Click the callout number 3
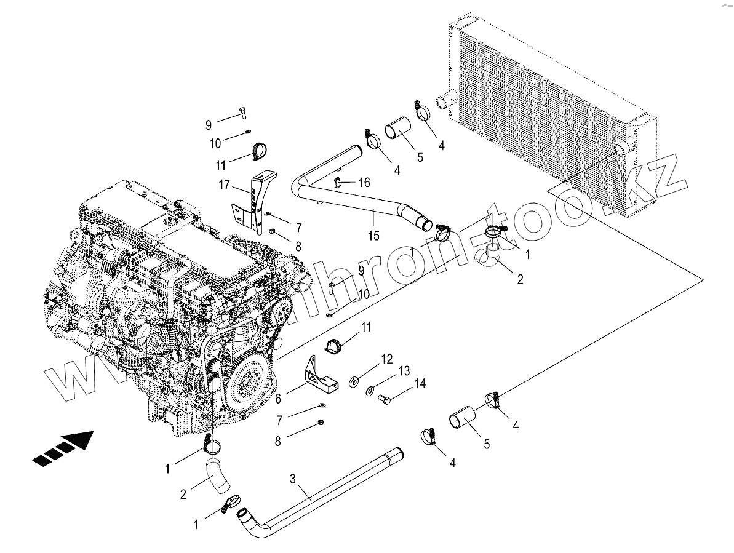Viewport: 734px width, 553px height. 293,479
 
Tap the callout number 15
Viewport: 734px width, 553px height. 374,235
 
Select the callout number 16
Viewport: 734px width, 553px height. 364,182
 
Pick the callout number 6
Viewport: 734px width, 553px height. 278,399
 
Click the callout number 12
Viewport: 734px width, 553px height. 386,359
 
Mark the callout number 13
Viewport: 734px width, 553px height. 404,370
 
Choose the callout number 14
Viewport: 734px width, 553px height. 420,383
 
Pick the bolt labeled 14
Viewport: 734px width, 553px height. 385,399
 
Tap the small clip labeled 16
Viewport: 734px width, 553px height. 338,181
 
